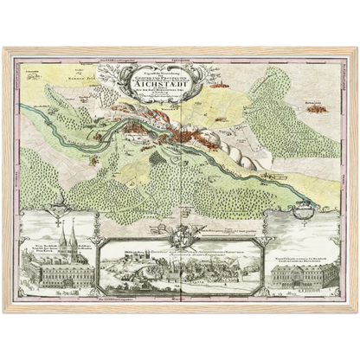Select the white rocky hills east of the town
coord(234,154)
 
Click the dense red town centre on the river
coord(182,134)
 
